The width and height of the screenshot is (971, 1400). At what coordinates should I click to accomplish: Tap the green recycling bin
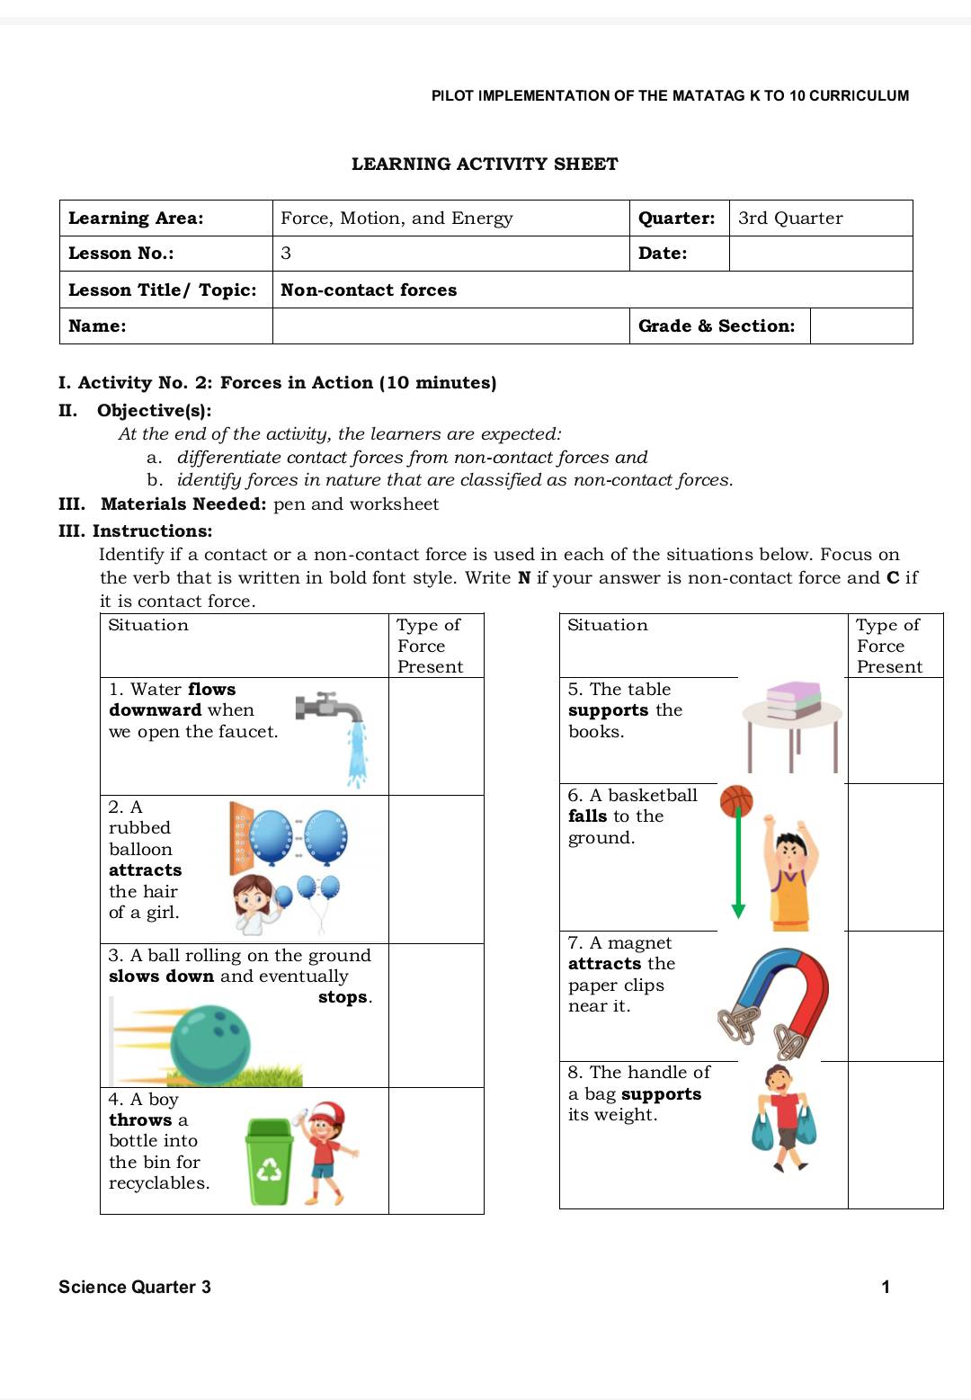[x=269, y=1161]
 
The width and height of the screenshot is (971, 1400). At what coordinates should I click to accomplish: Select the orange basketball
[x=736, y=800]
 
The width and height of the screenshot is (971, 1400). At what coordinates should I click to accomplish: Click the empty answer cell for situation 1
[x=435, y=736]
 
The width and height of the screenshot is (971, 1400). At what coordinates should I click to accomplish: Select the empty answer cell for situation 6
[x=895, y=856]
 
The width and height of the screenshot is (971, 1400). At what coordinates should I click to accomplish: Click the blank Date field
[x=820, y=254]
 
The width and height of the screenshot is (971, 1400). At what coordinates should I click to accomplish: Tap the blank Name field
[x=450, y=325]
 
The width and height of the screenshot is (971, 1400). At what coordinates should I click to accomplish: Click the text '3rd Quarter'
[x=790, y=218]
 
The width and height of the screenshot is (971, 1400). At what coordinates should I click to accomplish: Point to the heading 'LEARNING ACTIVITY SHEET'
[x=485, y=164]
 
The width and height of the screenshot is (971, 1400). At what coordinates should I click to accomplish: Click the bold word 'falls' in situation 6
[x=587, y=816]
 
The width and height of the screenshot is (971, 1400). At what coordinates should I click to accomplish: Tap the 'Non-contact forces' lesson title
[x=369, y=290]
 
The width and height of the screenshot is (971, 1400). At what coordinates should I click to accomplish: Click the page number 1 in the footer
[x=885, y=1287]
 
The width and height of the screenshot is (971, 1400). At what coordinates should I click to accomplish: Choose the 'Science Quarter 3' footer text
[x=135, y=1287]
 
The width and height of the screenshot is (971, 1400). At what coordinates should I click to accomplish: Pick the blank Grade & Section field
[x=860, y=325]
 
